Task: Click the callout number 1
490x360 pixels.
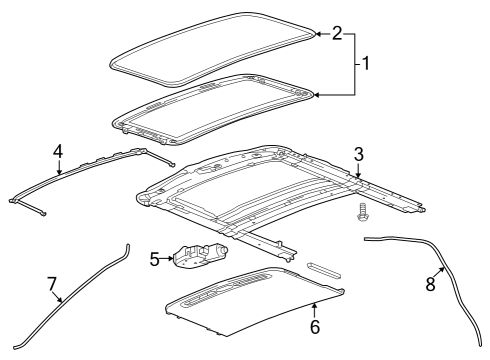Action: [x=366, y=63]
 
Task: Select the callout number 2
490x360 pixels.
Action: [x=337, y=33]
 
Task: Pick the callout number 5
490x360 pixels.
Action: [x=156, y=260]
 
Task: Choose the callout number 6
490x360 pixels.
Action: [x=314, y=326]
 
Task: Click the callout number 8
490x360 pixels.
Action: [x=431, y=284]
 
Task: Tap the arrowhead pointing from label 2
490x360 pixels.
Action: [x=317, y=34]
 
